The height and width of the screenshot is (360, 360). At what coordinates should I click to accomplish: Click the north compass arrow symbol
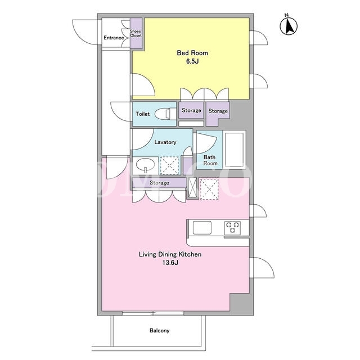point(289,25)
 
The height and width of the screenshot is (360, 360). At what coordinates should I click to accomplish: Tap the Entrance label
point(114,38)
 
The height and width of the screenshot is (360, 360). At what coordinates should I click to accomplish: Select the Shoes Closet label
point(136,33)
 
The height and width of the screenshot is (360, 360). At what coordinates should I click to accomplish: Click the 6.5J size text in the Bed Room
point(192,61)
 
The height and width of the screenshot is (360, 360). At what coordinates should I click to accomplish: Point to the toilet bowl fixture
point(165,114)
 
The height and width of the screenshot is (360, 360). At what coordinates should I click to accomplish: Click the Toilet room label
point(142,114)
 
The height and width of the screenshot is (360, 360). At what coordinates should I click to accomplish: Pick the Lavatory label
point(165,142)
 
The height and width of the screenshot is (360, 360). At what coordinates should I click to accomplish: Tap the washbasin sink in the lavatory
point(145,165)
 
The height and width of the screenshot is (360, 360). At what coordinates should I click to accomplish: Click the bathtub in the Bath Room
point(234,149)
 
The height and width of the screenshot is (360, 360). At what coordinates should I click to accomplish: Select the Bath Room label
point(210,160)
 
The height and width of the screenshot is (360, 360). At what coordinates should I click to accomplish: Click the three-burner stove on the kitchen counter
point(232,228)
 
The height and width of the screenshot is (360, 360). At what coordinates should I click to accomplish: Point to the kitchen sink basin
point(202,227)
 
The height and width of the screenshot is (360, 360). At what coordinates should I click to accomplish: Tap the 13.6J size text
point(170,263)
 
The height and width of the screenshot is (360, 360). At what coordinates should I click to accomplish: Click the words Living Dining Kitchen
point(170,254)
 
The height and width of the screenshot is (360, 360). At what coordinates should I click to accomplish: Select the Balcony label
point(160,331)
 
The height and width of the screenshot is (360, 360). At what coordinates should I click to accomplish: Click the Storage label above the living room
point(159,183)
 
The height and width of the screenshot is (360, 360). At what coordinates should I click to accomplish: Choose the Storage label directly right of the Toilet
point(191,110)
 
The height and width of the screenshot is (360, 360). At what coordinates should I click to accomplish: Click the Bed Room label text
point(192,53)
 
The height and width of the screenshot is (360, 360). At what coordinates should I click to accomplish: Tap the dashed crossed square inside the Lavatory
point(169,165)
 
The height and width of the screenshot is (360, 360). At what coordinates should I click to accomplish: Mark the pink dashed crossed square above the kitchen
point(209,189)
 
